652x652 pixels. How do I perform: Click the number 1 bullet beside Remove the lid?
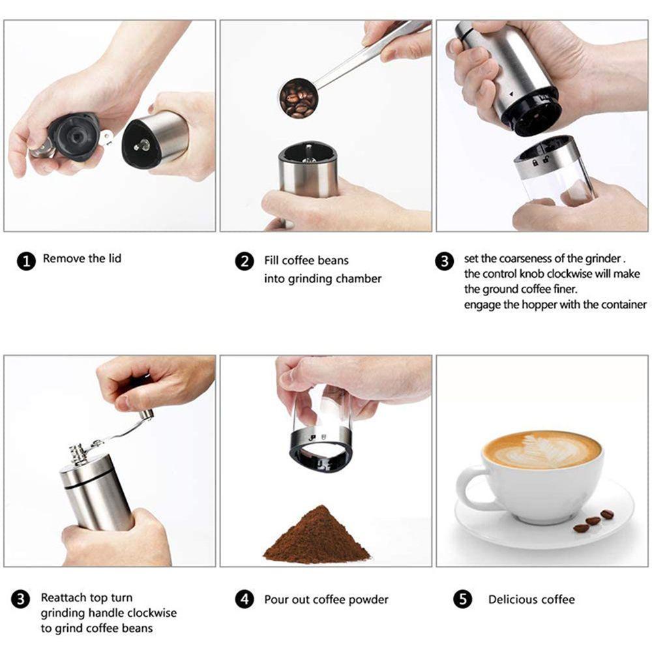point(26,261)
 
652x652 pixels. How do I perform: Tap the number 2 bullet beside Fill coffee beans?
point(244,261)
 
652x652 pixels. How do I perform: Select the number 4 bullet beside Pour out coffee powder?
point(244,599)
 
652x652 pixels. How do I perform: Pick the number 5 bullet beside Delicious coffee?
point(463,599)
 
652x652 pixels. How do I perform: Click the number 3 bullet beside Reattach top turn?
point(20,599)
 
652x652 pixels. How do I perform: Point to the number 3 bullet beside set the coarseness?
point(445,261)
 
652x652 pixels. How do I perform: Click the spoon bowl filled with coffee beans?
point(298,98)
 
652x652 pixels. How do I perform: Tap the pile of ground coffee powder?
point(317,535)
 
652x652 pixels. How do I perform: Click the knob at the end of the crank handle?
point(146,415)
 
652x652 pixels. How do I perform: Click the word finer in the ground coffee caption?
point(565,289)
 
